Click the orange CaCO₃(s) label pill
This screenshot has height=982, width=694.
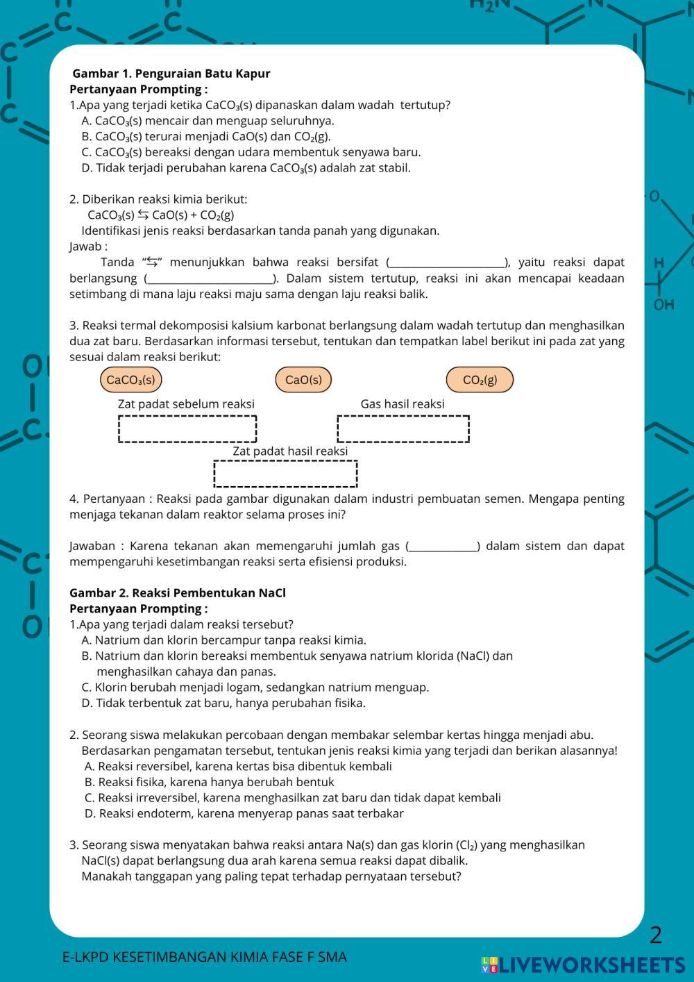(x=130, y=380)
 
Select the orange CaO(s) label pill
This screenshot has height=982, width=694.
(x=303, y=380)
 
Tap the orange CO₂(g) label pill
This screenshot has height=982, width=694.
(x=480, y=380)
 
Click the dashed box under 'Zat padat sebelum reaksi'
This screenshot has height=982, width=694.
(x=187, y=428)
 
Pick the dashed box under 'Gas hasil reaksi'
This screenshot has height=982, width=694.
(x=403, y=428)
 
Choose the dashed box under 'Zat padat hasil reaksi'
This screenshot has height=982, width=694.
(x=285, y=474)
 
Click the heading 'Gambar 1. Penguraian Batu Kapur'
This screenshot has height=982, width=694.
(x=171, y=74)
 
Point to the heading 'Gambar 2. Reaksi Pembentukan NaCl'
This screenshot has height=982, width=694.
(x=178, y=593)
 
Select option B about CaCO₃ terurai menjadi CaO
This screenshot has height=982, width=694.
(x=206, y=136)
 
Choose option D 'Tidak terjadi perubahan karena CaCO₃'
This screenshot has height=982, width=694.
(x=246, y=168)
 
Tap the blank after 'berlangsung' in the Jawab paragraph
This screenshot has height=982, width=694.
(x=210, y=279)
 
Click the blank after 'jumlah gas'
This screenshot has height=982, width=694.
(x=443, y=547)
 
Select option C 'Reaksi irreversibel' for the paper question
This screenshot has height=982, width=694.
(x=292, y=798)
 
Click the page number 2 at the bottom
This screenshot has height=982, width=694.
(x=656, y=935)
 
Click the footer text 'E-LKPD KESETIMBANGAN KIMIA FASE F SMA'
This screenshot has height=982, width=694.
(x=205, y=957)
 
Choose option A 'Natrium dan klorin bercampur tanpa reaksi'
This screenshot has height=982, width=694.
(x=223, y=640)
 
